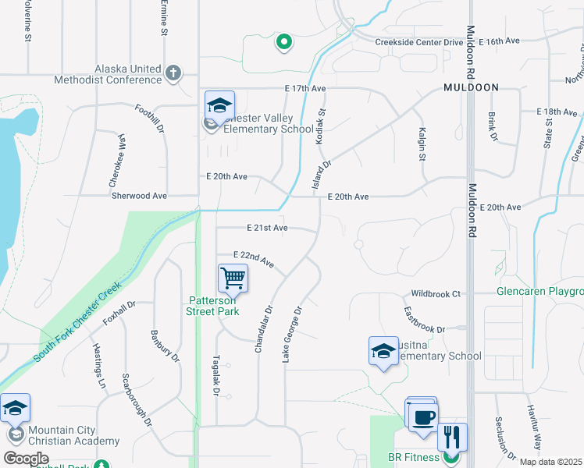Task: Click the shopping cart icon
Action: click(x=233, y=277)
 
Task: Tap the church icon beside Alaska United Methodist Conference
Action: click(x=173, y=74)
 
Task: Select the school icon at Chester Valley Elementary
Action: click(x=219, y=105)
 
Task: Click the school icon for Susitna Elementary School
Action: click(x=383, y=352)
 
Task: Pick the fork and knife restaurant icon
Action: click(x=452, y=437)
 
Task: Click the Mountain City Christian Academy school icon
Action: click(x=15, y=408)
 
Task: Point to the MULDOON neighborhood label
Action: click(x=471, y=87)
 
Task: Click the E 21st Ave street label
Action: click(x=267, y=228)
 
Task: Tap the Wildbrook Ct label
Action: click(x=436, y=294)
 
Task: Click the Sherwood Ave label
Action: click(x=140, y=196)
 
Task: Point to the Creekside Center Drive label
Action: click(x=419, y=42)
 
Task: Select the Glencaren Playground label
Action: click(x=539, y=292)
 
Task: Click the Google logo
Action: click(x=26, y=458)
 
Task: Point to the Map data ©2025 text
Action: click(x=550, y=462)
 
